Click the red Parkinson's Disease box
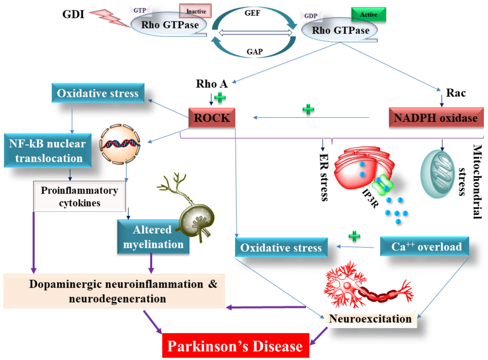(x=235, y=346)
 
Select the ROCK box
(x=212, y=117)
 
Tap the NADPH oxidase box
(x=436, y=117)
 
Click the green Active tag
(x=368, y=14)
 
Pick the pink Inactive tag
(x=195, y=11)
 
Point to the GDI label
(x=73, y=14)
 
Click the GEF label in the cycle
(x=252, y=13)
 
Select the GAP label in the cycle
(x=254, y=52)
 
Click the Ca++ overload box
(x=426, y=247)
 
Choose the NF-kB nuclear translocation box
(x=48, y=150)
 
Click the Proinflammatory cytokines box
(x=80, y=196)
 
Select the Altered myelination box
(x=153, y=237)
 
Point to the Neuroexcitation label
(x=370, y=319)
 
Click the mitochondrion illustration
(x=437, y=174)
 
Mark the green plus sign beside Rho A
(x=220, y=97)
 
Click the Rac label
(x=456, y=92)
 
